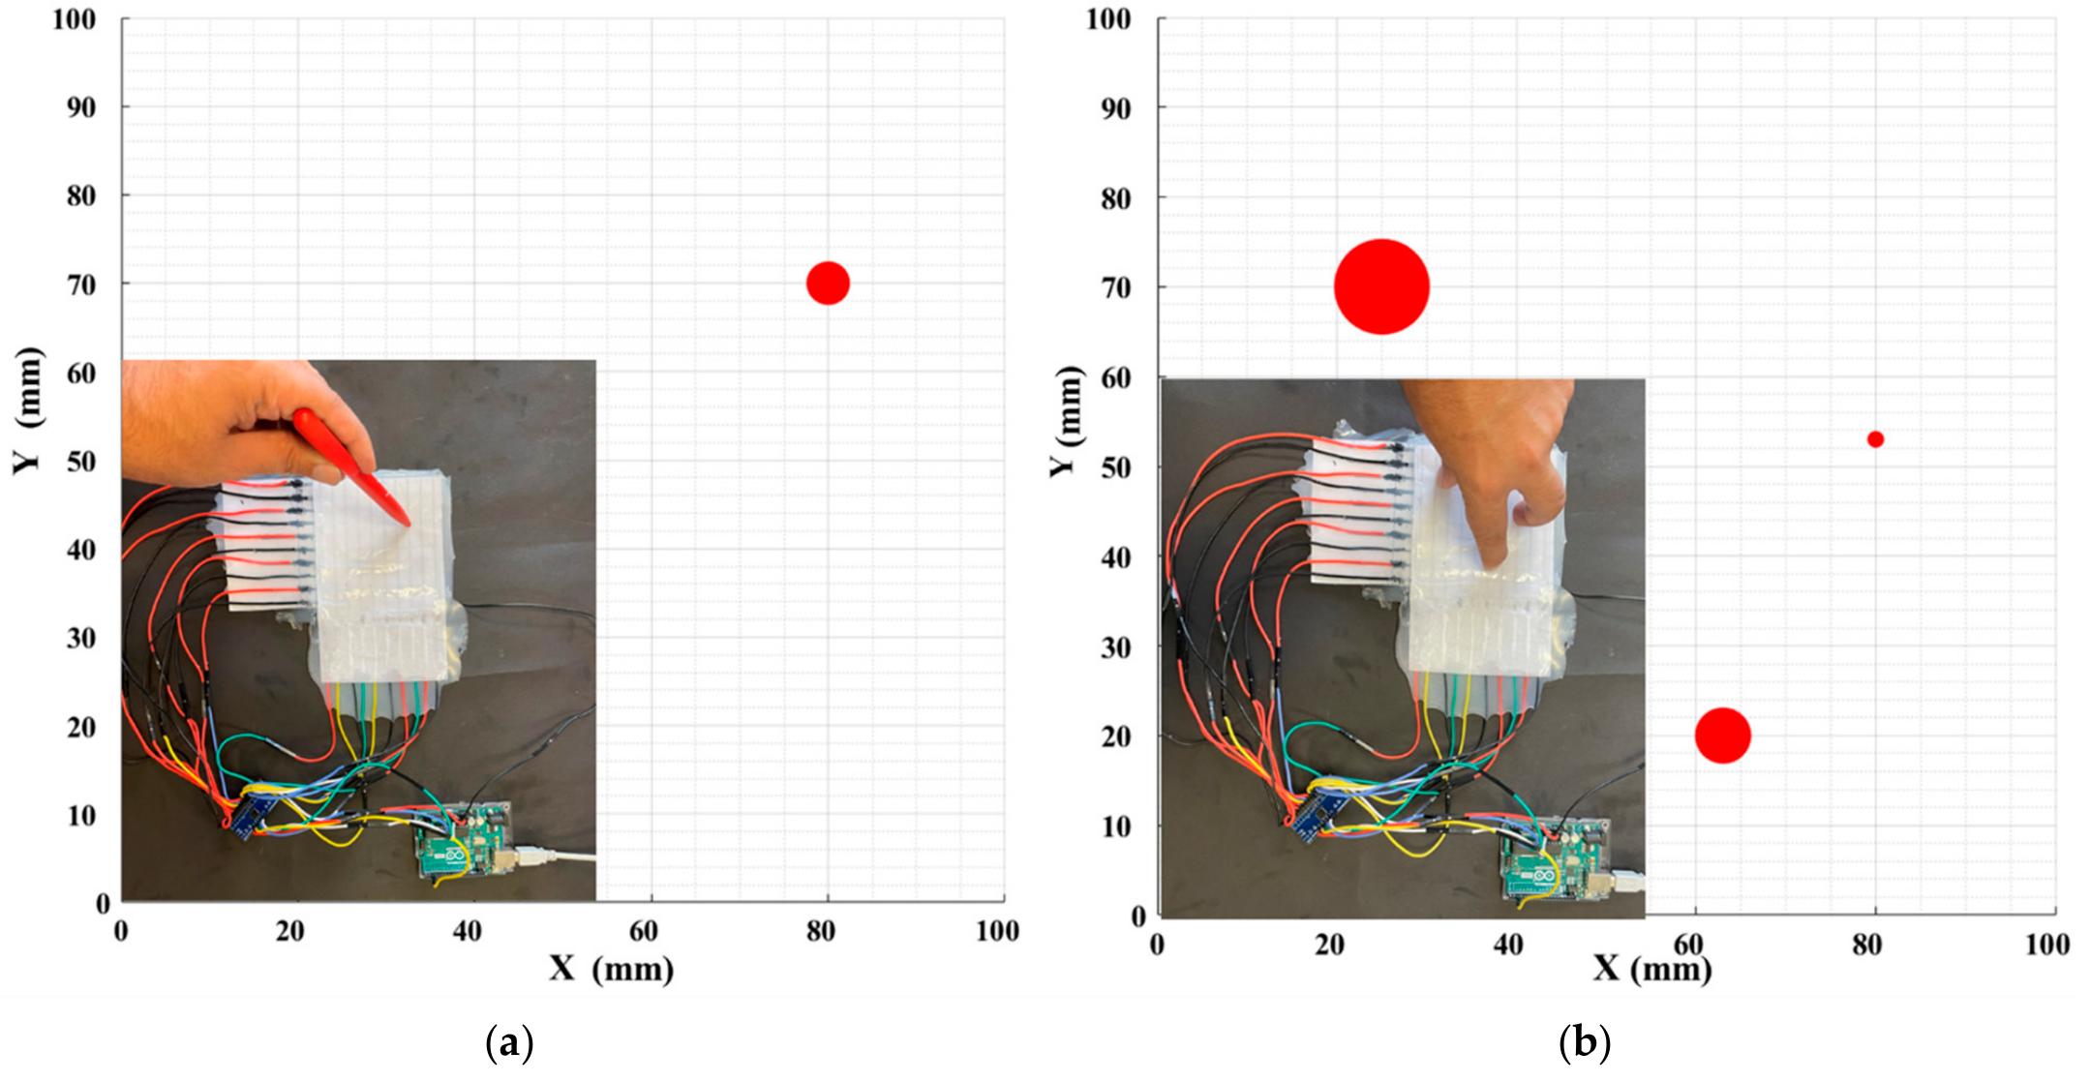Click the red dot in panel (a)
828,283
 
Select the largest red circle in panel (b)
1381,286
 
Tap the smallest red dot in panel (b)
1875,439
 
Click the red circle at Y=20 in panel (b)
1723,736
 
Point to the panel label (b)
1585,1044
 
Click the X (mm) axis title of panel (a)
612,968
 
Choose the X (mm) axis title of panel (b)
1651,968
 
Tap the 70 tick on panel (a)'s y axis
80,285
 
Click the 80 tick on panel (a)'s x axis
820,931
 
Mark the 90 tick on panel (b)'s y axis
1115,108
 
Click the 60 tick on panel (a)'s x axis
643,931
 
